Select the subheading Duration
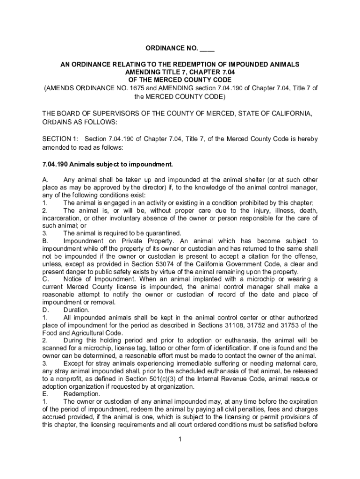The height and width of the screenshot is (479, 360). [77, 310]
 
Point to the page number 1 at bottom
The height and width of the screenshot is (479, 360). [180, 439]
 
